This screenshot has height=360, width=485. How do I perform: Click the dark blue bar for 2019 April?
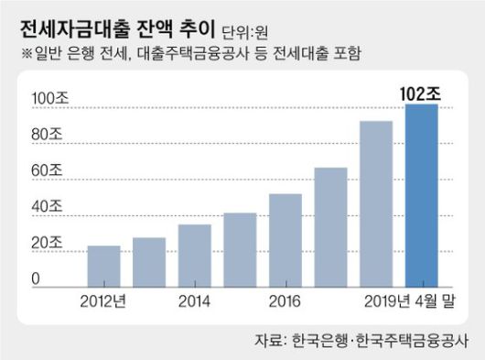pos(422,195)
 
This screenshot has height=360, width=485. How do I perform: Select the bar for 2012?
pos(103,266)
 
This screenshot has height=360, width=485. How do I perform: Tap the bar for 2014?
pos(194,255)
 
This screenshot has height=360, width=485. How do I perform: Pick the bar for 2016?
pos(286,240)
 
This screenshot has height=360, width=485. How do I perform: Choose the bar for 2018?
pos(376,203)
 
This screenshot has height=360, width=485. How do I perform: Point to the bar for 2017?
pos(330,226)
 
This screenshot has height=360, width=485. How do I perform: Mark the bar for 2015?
pos(240,249)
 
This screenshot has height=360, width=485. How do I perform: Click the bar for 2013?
pos(149,262)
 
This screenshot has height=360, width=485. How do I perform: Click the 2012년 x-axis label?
pos(103,300)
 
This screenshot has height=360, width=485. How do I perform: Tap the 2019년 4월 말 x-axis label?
pos(406,300)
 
